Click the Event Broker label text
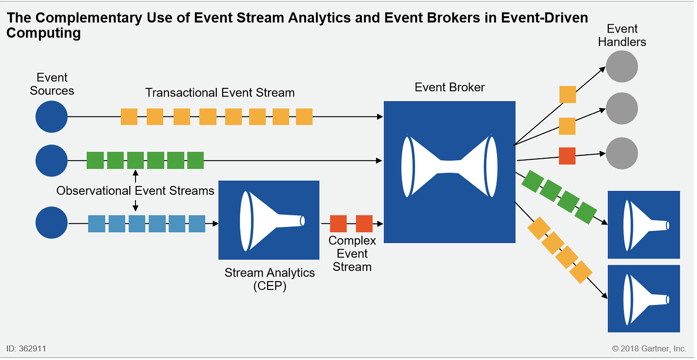click(x=450, y=87)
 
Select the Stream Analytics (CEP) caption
click(x=269, y=279)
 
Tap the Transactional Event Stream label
click(x=220, y=93)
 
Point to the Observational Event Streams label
click(x=135, y=191)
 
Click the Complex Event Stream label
click(x=352, y=253)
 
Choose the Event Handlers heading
click(x=622, y=36)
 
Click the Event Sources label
click(x=52, y=84)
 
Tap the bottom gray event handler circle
click(x=622, y=153)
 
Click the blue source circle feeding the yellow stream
click(x=51, y=117)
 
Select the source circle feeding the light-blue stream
click(x=51, y=223)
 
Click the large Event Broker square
click(x=449, y=172)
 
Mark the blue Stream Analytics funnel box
click(x=269, y=220)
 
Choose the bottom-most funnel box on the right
click(x=643, y=299)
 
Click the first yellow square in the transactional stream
click(x=129, y=117)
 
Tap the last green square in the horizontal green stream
click(x=195, y=160)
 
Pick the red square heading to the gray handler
click(x=567, y=156)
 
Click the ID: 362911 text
click(x=27, y=349)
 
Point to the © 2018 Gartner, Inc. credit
click(x=649, y=349)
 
